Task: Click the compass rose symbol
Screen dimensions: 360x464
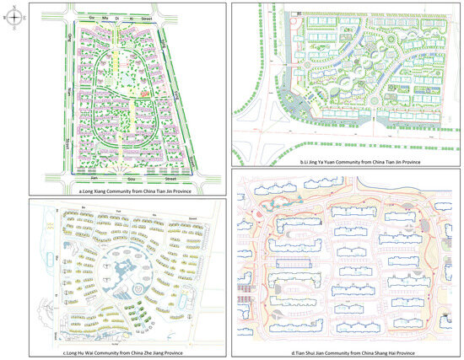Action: coord(13,13)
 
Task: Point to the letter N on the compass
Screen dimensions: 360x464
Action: coord(13,5)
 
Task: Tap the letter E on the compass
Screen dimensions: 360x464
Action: coord(21,13)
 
